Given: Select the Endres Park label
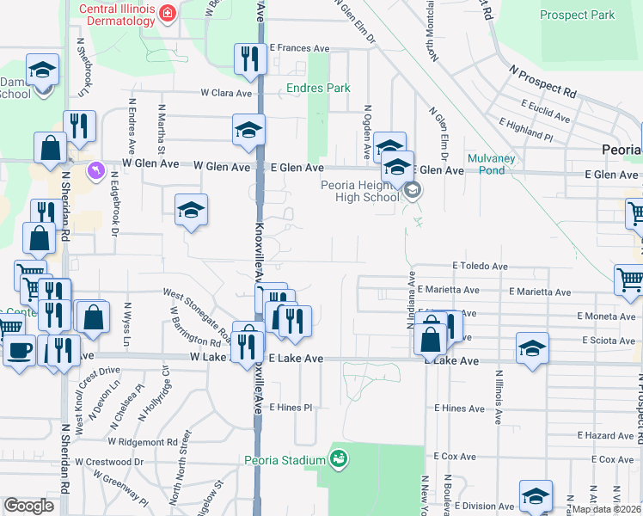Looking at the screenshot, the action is coord(319,88).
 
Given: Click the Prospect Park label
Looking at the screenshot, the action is coord(577,15).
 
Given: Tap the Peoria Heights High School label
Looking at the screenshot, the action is coord(360,190).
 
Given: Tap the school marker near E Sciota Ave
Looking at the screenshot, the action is coord(533,348).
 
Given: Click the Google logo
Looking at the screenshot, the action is coord(28,506).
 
